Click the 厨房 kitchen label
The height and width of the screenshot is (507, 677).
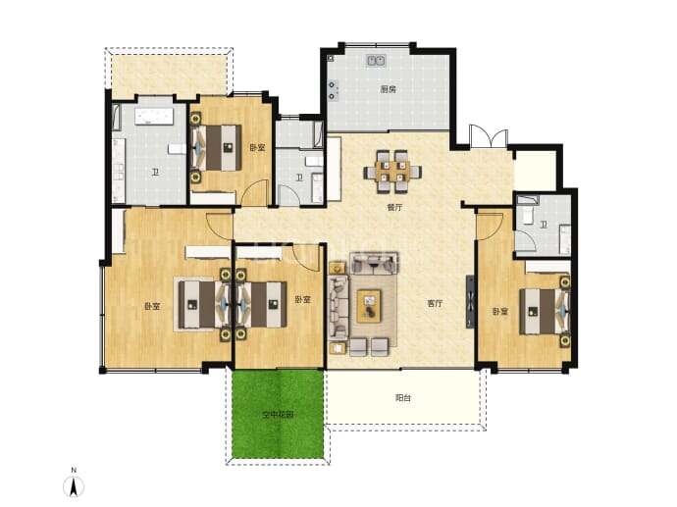pos(388,90)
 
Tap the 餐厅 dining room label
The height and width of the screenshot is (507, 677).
pos(394,208)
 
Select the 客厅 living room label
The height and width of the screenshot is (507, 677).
pos(435,303)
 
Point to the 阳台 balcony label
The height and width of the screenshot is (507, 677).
pos(403,398)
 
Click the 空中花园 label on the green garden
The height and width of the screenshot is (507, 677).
pos(279,415)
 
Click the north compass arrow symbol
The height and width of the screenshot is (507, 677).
pos(74,486)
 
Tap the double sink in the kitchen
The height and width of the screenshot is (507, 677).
pos(377,61)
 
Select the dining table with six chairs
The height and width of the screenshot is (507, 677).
pos(392,172)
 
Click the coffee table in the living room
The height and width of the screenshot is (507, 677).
pos(369,306)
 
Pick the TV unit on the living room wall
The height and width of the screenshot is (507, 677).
pos(470,302)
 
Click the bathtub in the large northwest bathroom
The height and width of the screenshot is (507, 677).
pos(154,116)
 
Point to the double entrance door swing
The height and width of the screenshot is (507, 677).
pos(489,136)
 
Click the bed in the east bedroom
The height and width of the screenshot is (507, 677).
pos(545,312)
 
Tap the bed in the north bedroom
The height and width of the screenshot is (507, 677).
pos(216,147)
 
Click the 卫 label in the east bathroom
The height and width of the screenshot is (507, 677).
pos(544,225)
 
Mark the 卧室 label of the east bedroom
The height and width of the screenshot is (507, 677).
pos(500,311)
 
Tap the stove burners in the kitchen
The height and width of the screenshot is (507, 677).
pos(333,90)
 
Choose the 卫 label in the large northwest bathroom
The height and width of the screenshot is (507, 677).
pos(155,173)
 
